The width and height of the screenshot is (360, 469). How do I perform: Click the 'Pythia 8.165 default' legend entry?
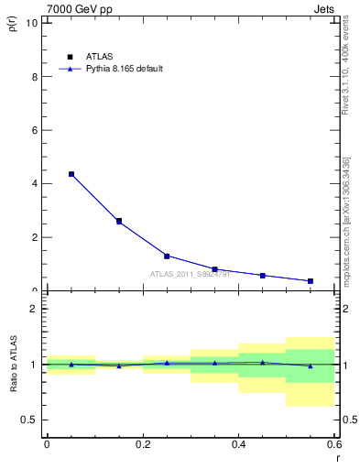(x=111, y=69)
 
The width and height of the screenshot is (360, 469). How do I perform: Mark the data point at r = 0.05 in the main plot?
(x=71, y=174)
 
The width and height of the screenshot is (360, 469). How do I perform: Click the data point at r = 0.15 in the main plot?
(x=119, y=221)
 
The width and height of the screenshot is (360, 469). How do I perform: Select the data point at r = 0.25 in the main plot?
(x=167, y=256)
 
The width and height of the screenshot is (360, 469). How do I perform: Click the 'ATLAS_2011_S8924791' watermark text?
(x=190, y=274)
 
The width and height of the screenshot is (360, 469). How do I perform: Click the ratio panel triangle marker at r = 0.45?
(x=263, y=363)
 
